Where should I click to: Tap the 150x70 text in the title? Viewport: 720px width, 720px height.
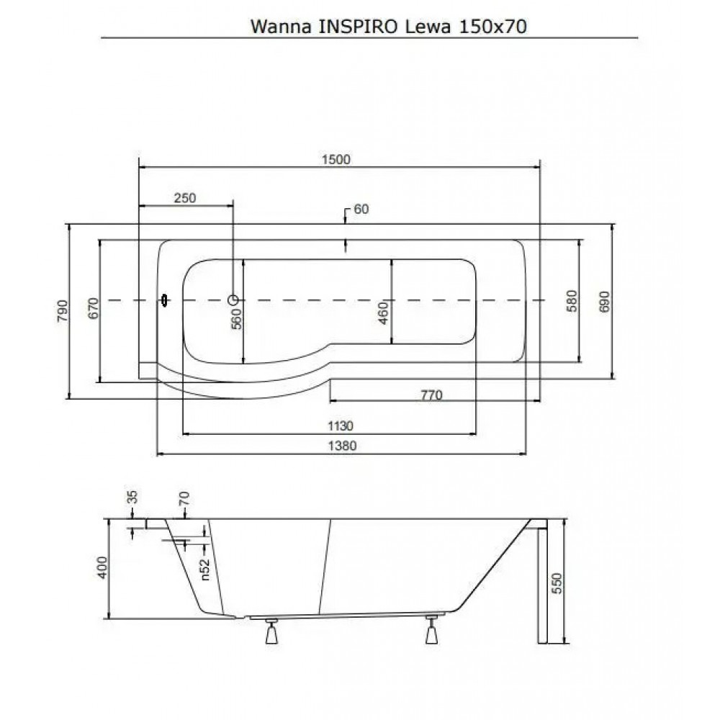pos(492,27)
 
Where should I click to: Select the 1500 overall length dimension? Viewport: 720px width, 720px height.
pos(336,159)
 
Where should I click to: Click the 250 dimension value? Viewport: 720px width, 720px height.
pos(185,198)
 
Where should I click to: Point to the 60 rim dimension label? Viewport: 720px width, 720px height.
pos(361,209)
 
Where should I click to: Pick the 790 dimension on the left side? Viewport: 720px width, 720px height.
pos(63,311)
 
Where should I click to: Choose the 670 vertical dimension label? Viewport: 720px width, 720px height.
pos(93,309)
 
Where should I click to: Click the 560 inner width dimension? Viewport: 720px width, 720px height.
pos(236,319)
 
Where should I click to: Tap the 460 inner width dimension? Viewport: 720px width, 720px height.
pos(384,312)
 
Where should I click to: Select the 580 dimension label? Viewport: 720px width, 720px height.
pos(572,301)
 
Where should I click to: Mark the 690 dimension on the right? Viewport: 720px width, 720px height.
pos(605,302)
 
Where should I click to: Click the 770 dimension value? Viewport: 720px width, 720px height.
pos(431,395)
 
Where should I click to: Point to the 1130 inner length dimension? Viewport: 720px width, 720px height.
pos(341,426)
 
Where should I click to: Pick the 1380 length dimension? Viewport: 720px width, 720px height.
pos(342,446)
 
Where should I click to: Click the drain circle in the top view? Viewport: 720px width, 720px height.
pos(233,300)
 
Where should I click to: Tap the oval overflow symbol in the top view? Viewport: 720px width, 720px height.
pos(164,300)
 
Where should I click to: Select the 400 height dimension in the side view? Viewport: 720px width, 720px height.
pos(102,567)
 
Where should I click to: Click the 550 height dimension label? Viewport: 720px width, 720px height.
pos(556,583)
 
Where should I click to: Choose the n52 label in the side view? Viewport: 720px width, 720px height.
pos(205,570)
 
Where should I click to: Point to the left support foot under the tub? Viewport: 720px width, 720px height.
pos(272,632)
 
